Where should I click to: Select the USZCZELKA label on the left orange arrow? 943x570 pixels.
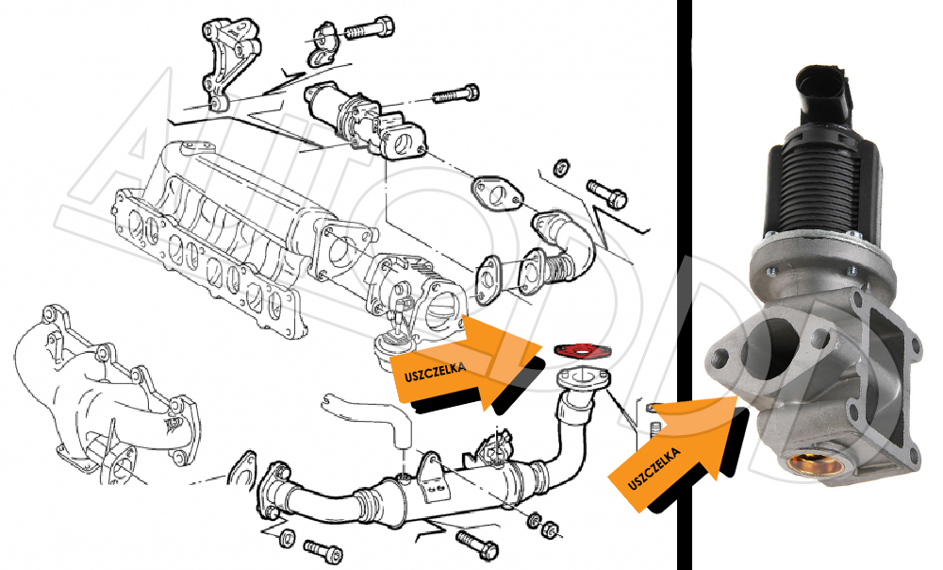[435, 372]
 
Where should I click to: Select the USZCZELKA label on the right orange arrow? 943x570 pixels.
[654, 468]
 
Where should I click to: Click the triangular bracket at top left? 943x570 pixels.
[228, 63]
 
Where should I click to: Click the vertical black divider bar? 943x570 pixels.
[685, 285]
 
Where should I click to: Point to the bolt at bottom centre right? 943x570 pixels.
[477, 545]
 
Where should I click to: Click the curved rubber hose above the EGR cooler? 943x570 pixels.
[368, 418]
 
